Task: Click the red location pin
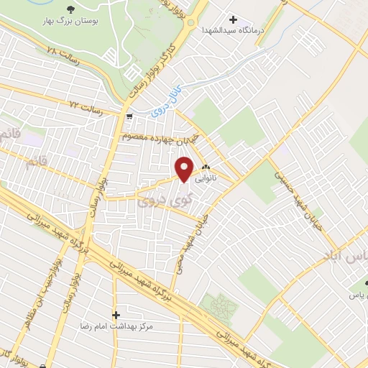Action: [185, 169]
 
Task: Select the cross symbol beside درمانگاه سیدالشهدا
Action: [232, 19]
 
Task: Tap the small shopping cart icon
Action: [129, 116]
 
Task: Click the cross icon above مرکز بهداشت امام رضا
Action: [116, 314]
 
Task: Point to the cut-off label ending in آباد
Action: [349, 257]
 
